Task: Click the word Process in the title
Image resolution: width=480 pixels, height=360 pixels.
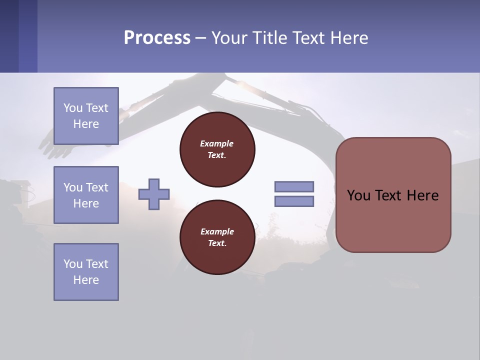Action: (x=157, y=38)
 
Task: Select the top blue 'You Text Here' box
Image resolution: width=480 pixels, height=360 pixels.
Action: (x=86, y=116)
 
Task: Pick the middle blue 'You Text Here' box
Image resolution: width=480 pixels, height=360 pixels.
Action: (x=86, y=195)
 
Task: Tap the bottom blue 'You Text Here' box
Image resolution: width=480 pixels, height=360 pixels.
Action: (x=86, y=272)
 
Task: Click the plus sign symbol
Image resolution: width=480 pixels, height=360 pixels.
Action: (x=154, y=194)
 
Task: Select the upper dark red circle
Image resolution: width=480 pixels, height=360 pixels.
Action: (x=217, y=149)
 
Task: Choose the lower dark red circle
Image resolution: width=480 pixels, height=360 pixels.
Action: (x=217, y=237)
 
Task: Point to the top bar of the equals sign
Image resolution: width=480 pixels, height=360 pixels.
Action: (x=294, y=187)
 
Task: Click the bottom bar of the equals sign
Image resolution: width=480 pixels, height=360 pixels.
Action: (x=294, y=201)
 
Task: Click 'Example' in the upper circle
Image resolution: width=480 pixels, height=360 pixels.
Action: (x=216, y=143)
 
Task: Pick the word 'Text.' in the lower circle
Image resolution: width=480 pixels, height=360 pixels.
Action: (x=217, y=243)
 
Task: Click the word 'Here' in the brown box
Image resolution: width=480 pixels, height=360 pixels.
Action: (x=422, y=195)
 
